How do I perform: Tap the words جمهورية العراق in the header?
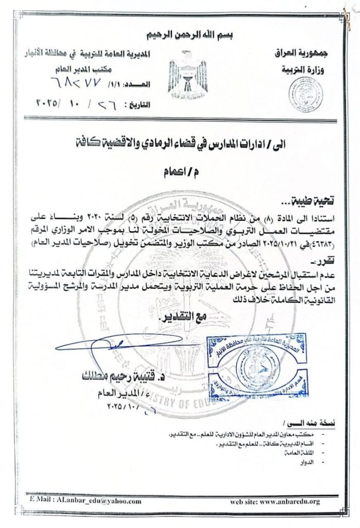point(307,54)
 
